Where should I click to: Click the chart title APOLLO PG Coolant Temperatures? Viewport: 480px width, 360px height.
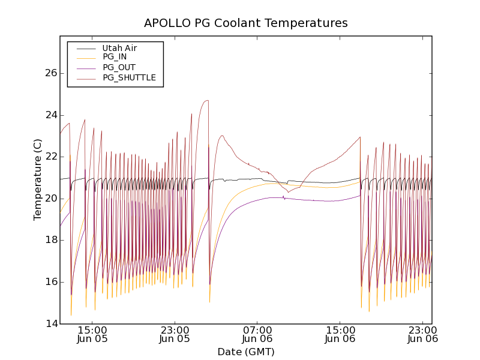(246, 23)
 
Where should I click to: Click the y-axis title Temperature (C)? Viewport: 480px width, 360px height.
(38, 179)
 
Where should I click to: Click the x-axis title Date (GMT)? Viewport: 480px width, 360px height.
(246, 352)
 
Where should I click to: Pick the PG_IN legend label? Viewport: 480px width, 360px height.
(115, 57)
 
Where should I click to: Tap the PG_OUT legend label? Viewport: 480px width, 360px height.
(119, 67)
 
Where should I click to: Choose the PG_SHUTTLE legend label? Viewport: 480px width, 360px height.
(129, 77)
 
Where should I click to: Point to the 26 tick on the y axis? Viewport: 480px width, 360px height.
(50, 73)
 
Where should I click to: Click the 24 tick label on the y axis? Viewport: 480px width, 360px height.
(50, 115)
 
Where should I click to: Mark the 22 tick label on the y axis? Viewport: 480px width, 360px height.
(50, 157)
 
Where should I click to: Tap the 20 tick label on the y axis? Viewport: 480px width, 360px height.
(50, 199)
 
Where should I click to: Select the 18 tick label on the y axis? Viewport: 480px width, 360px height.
(50, 240)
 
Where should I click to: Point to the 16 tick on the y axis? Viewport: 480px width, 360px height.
(50, 282)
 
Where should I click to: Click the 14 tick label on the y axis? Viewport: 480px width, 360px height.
(50, 324)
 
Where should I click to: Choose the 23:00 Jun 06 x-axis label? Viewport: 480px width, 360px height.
(423, 334)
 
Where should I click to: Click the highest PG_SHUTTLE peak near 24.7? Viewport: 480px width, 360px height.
(207, 100)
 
